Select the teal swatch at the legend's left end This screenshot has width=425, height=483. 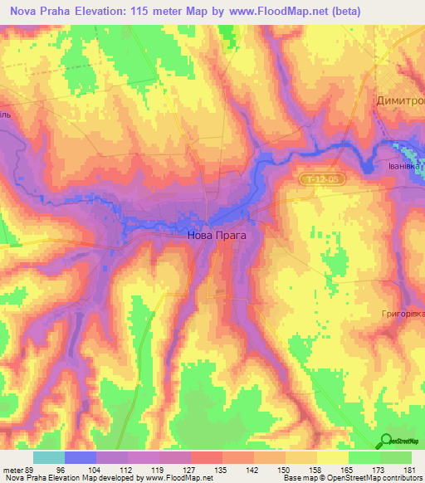click(49, 457)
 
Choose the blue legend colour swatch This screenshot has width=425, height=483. click(81, 457)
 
